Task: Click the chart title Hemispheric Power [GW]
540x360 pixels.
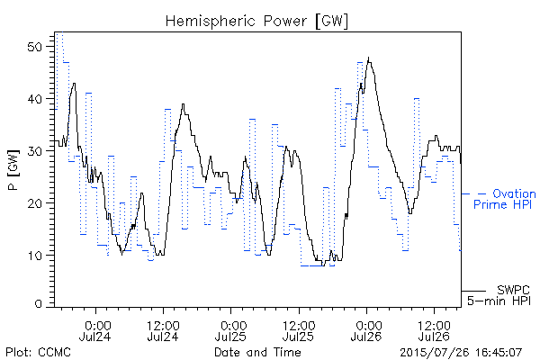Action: click(256, 22)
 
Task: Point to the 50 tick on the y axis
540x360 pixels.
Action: click(35, 47)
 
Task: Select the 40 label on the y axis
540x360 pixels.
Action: click(35, 99)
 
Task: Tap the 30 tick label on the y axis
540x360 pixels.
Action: click(35, 151)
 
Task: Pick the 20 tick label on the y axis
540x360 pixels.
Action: click(35, 203)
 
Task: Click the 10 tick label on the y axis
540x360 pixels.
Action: click(35, 256)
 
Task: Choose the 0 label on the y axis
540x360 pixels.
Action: click(39, 304)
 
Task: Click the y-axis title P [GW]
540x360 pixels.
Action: click(13, 170)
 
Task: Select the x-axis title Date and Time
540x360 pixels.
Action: click(257, 352)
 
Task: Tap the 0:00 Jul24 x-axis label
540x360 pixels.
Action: click(95, 331)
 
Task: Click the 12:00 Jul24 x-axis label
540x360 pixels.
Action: click(163, 331)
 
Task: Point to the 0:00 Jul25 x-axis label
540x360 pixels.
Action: click(230, 331)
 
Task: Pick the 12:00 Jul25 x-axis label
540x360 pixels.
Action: click(299, 331)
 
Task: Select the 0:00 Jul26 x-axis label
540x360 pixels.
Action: click(366, 331)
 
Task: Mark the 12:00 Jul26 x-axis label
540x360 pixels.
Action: click(435, 331)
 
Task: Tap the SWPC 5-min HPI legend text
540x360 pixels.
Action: click(499, 295)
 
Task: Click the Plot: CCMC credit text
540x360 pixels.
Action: click(38, 352)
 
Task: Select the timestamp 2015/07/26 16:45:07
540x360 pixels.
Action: click(461, 353)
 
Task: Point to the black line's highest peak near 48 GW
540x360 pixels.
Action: click(368, 58)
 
